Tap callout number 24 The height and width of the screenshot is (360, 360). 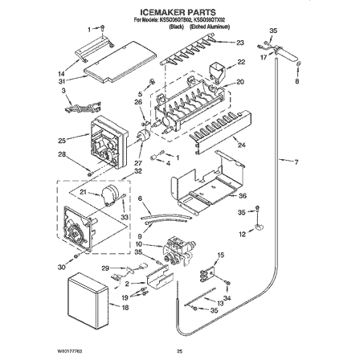pos(239,145)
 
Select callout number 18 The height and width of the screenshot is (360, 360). pos(125,306)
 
